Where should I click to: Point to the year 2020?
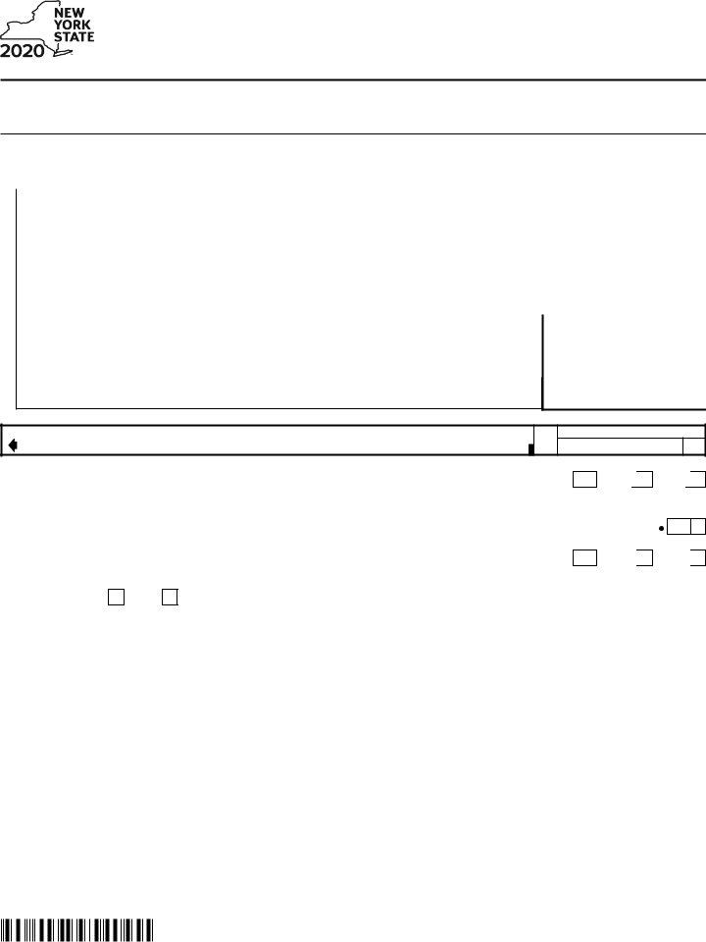coord(22,51)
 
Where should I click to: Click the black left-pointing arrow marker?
coord(13,445)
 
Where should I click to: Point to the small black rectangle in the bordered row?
coord(531,449)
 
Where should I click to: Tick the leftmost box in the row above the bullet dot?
coord(584,480)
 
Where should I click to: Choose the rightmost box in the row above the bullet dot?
coord(697,480)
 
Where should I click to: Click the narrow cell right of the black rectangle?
coord(546,440)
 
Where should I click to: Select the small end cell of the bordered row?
coord(693,446)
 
